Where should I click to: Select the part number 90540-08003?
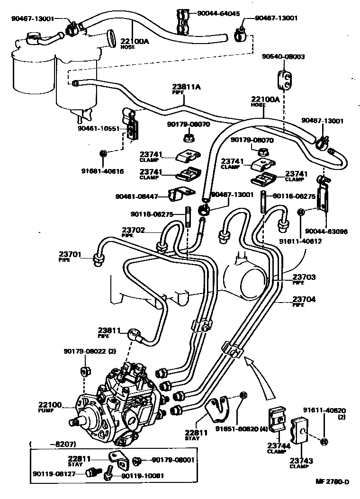pyautogui.click(x=283, y=56)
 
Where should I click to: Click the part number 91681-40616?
pyautogui.click(x=102, y=171)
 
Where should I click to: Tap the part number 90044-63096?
pyautogui.click(x=326, y=232)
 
